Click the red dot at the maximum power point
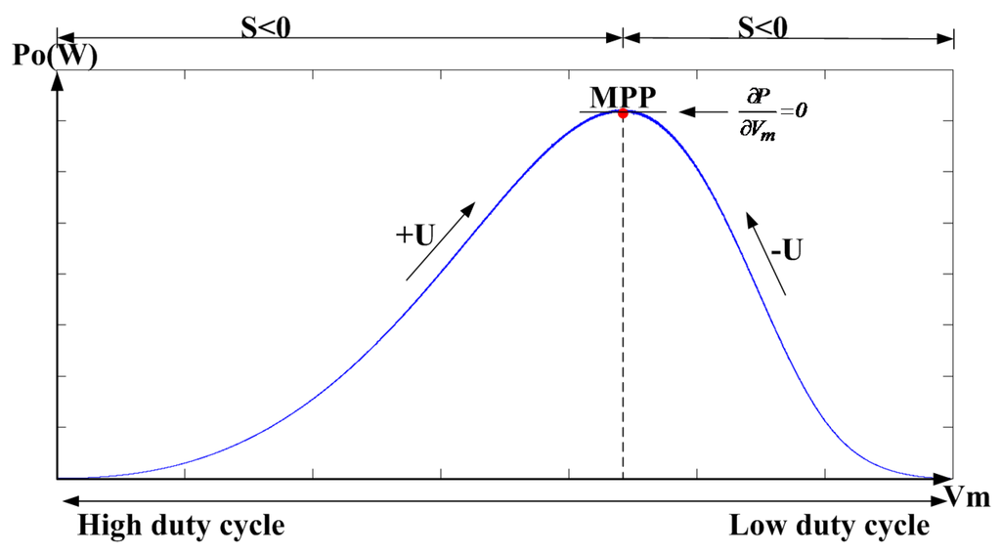(623, 113)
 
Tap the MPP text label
(623, 98)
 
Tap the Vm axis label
(969, 498)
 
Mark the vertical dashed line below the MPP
(623, 293)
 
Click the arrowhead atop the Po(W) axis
(59, 80)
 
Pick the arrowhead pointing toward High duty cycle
(66, 502)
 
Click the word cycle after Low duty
(890, 527)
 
